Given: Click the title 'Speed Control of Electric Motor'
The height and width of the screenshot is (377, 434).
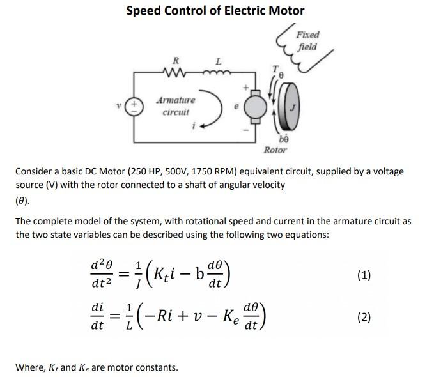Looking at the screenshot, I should [x=215, y=11].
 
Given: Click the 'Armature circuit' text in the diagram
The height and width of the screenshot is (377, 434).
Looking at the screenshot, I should [x=176, y=106].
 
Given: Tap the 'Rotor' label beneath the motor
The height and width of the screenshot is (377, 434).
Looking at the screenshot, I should [x=275, y=150].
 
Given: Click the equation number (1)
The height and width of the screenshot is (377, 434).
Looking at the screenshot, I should [x=364, y=275].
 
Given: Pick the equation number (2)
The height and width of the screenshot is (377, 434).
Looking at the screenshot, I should [x=364, y=317].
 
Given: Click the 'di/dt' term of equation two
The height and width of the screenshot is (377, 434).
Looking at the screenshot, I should [x=98, y=316].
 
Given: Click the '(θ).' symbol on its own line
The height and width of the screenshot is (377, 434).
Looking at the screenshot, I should [x=24, y=199].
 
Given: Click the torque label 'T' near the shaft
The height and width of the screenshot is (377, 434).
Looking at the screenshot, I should [x=275, y=68].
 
